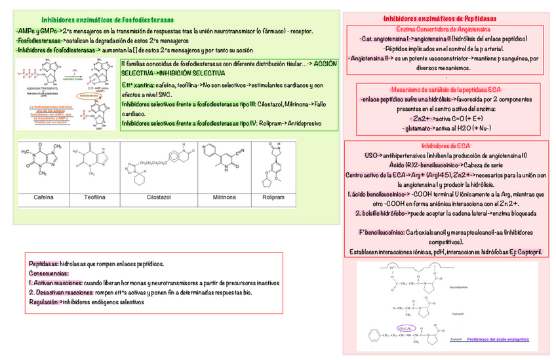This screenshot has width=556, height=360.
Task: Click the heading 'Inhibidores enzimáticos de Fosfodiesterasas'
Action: coord(108,20)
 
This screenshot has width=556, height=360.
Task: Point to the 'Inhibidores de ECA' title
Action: coord(446,146)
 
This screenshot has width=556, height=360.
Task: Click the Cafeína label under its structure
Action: coord(44,196)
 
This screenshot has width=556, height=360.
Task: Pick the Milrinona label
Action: coord(225,196)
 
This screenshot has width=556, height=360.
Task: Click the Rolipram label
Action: coord(274,196)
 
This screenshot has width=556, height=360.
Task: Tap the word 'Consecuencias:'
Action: coord(49,273)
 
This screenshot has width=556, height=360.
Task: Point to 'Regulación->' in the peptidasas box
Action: coord(46,302)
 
